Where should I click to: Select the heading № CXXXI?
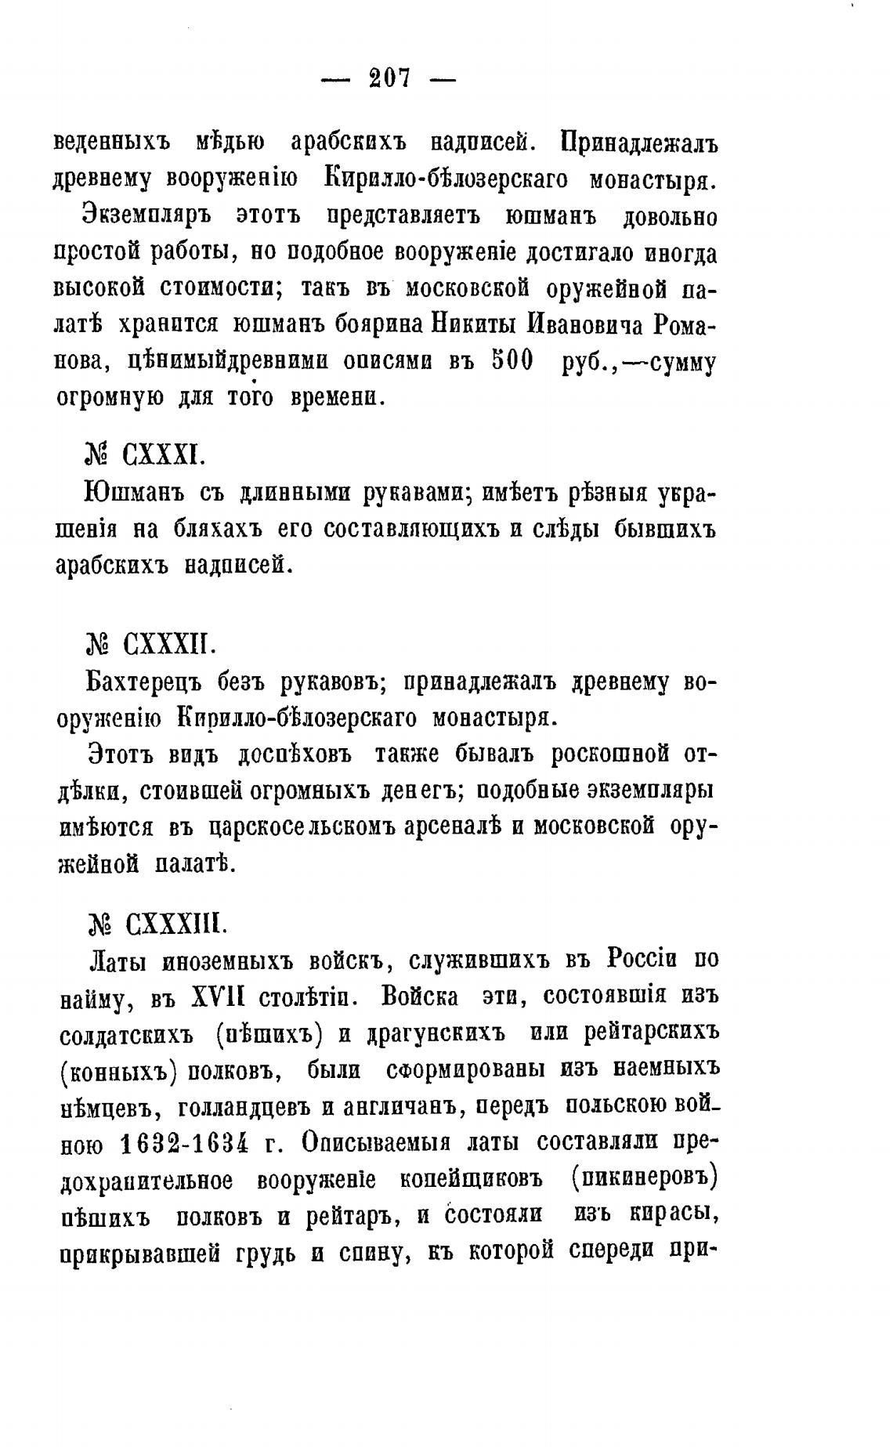pos(145,453)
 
